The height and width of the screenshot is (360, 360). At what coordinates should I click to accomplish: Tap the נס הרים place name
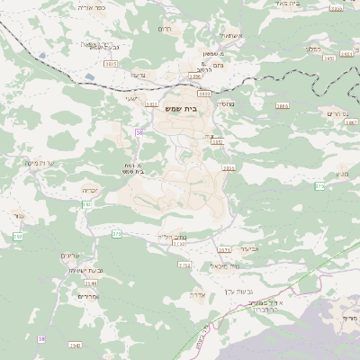[x=334, y=115]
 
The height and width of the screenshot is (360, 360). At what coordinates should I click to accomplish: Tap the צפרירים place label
[x=87, y=296]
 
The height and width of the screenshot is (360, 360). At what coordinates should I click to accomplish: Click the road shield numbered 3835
[x=111, y=64]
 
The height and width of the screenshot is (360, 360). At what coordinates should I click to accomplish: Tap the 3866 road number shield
[x=282, y=105]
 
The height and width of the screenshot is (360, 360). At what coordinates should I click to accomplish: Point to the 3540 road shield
[x=75, y=345]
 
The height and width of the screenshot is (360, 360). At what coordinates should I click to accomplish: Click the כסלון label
[x=311, y=49]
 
